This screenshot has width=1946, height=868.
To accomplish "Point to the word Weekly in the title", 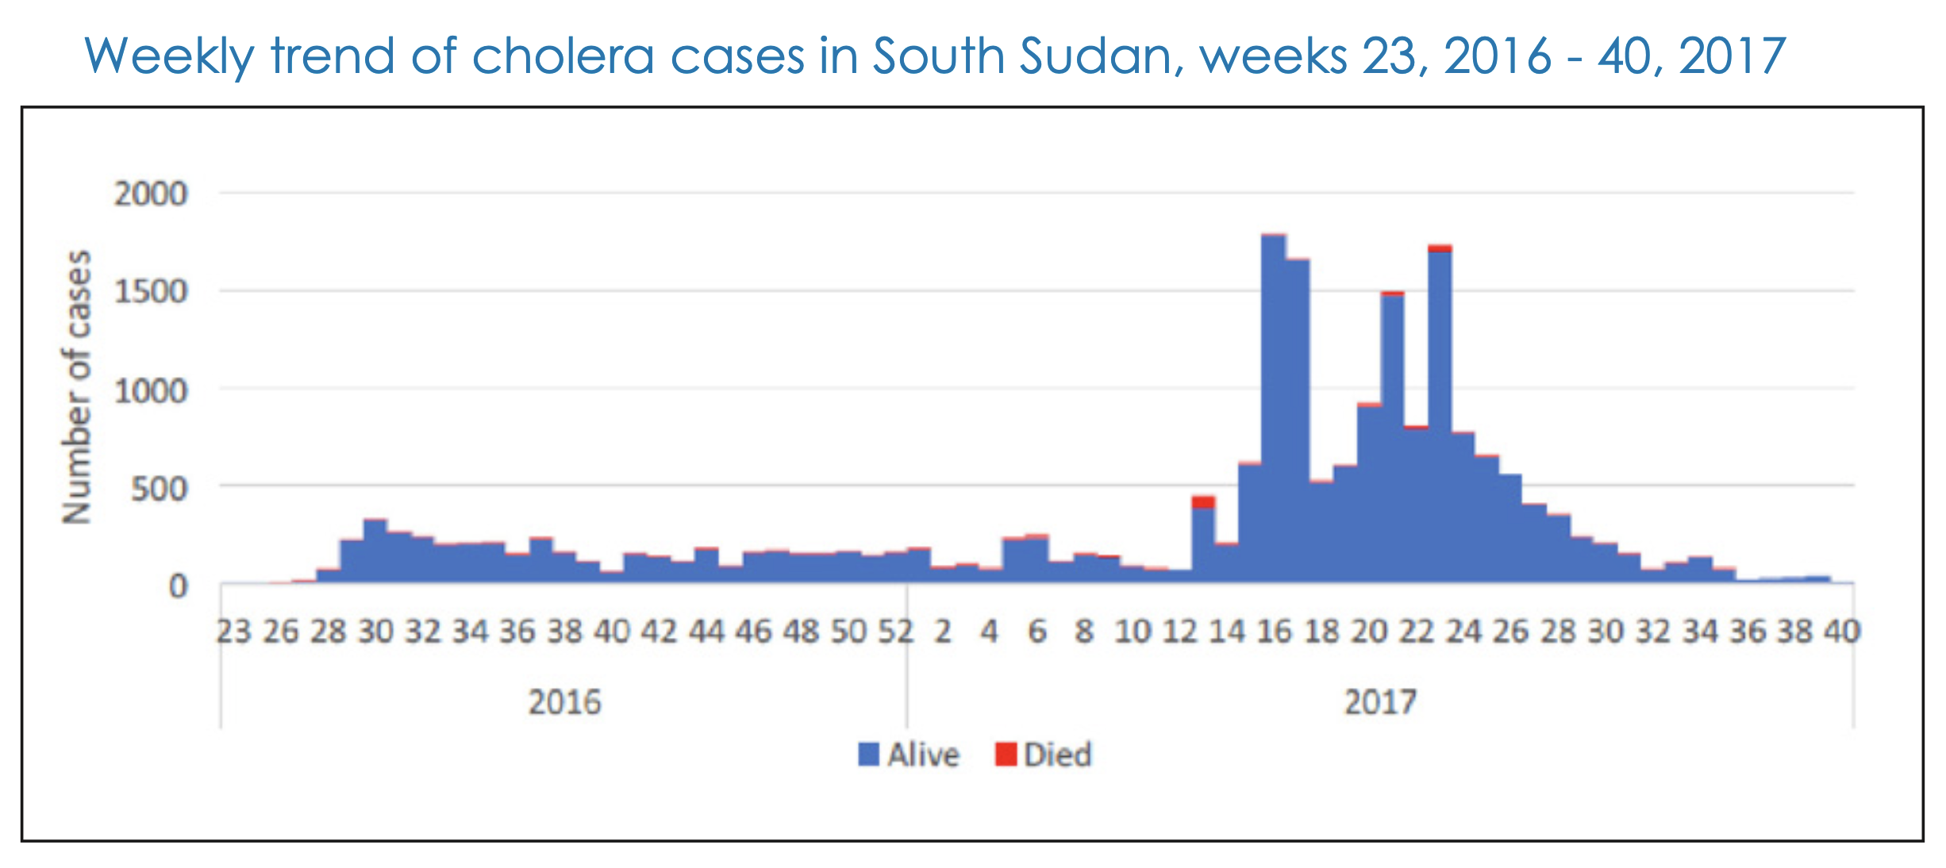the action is pyautogui.click(x=169, y=57).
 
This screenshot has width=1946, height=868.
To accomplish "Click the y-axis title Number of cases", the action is pyautogui.click(x=77, y=387).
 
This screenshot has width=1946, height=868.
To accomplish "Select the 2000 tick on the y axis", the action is pyautogui.click(x=150, y=194).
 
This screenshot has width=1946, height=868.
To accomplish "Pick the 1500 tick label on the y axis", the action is pyautogui.click(x=150, y=292).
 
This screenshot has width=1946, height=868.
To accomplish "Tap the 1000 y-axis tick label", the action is pyautogui.click(x=150, y=390).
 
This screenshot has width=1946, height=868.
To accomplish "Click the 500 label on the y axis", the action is pyautogui.click(x=159, y=489).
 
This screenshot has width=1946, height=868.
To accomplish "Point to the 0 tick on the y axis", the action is pyautogui.click(x=179, y=586).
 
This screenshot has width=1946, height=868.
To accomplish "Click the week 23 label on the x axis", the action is pyautogui.click(x=234, y=632).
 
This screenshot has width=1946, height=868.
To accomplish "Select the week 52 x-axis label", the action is pyautogui.click(x=896, y=632).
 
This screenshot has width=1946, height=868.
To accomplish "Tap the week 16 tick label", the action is pyautogui.click(x=1275, y=632).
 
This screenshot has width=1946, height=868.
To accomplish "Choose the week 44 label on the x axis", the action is pyautogui.click(x=706, y=632).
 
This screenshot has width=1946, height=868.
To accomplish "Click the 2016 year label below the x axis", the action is pyautogui.click(x=565, y=702).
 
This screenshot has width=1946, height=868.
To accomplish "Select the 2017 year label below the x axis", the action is pyautogui.click(x=1380, y=702).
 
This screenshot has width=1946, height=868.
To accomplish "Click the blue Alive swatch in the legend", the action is pyautogui.click(x=869, y=755).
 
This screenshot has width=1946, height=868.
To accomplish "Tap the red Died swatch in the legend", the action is pyautogui.click(x=1006, y=755).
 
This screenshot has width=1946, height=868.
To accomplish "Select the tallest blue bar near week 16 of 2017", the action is pyautogui.click(x=1274, y=409).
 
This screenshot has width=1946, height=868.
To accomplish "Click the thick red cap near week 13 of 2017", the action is pyautogui.click(x=1203, y=501).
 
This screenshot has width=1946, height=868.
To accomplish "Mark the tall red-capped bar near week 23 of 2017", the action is pyautogui.click(x=1440, y=414).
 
